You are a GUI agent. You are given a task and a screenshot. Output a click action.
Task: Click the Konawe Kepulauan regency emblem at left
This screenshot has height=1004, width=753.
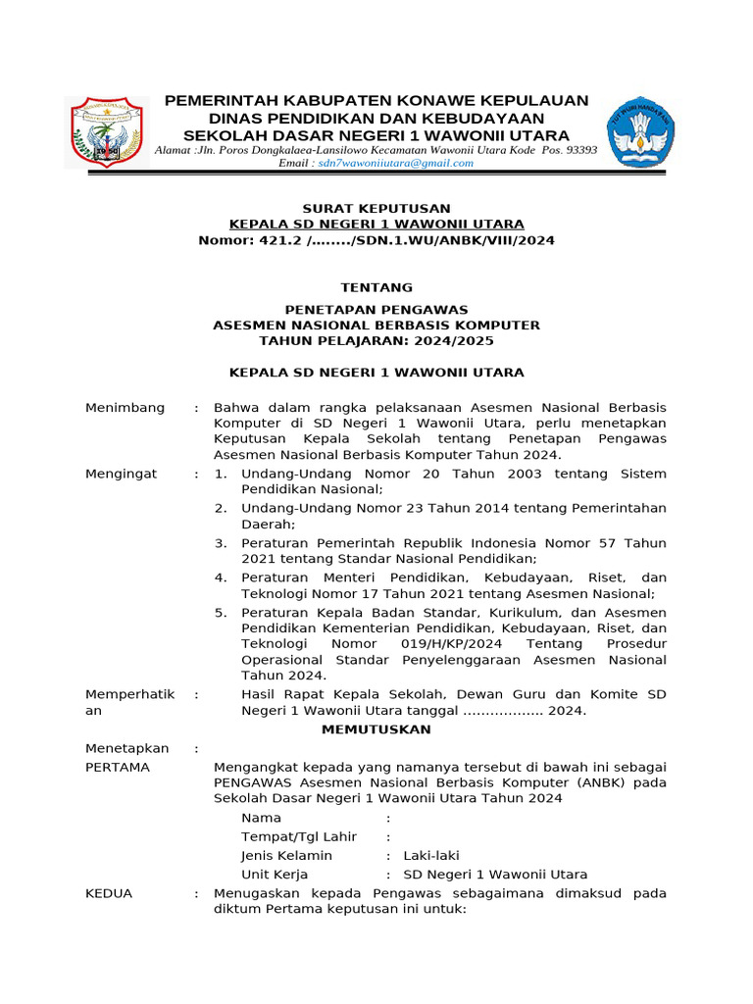[x=103, y=131]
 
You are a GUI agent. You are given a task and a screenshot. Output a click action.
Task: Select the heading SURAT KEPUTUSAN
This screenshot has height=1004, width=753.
[x=376, y=208]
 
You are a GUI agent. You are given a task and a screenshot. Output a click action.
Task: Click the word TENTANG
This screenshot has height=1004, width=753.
[x=376, y=287]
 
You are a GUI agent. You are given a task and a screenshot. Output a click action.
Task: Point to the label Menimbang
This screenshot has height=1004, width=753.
[x=125, y=407]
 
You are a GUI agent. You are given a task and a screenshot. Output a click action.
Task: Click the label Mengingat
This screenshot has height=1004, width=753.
[x=122, y=474]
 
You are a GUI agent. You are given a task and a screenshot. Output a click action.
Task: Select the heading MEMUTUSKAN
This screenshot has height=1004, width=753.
[x=376, y=729]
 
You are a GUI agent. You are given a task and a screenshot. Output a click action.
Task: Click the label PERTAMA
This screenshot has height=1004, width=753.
[x=118, y=767]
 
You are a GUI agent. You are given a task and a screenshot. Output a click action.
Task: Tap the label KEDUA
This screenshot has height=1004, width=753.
[x=109, y=893]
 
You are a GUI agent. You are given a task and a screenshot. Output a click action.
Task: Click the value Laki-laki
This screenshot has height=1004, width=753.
[x=431, y=855]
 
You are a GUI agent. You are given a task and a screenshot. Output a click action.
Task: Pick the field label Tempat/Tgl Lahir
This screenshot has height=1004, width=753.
[x=299, y=836]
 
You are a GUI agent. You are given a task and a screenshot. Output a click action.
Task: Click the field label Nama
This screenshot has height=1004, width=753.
[x=261, y=818]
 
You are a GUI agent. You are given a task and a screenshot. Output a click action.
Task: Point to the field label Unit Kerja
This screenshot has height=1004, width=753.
[x=275, y=875]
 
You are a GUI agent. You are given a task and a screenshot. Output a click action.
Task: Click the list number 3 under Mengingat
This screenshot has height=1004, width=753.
[x=221, y=542]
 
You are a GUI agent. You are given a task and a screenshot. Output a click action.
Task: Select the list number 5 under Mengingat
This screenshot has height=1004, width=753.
[x=221, y=611]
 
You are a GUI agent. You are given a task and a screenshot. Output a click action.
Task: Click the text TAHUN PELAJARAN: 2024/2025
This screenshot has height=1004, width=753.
[x=376, y=340]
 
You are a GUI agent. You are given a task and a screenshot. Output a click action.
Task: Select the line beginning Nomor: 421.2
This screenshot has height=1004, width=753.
[x=376, y=240]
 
